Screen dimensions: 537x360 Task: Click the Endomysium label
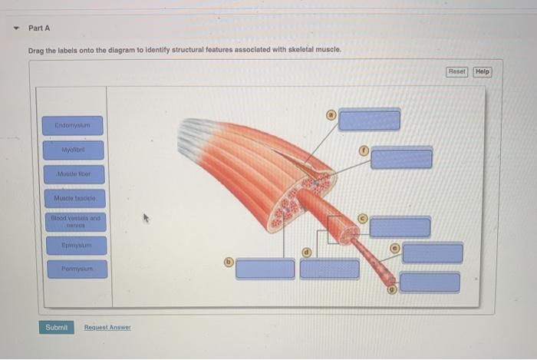click(73, 124)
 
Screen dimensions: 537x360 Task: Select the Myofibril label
click(73, 150)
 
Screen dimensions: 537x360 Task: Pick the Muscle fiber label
click(73, 174)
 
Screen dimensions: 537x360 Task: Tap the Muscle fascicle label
click(73, 199)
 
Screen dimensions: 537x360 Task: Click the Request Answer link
click(107, 328)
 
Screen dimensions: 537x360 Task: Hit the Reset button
click(456, 71)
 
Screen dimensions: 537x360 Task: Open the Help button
click(482, 71)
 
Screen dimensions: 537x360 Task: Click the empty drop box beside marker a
click(370, 121)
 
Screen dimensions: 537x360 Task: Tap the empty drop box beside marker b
click(265, 269)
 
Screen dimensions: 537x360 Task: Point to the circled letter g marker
click(390, 290)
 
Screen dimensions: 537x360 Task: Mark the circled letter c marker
click(364, 217)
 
